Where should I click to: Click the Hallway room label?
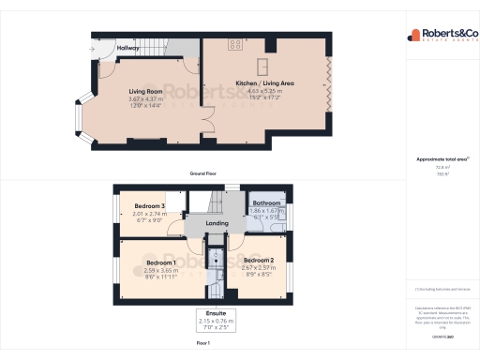(127, 48)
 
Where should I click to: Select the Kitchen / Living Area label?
(266, 84)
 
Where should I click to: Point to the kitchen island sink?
(265, 64)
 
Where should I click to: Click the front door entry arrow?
(93, 49)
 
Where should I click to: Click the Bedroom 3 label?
(150, 206)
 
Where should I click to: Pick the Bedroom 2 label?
(258, 260)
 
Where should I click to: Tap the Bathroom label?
(267, 202)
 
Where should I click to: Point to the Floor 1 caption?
(203, 344)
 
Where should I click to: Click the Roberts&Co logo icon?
(413, 36)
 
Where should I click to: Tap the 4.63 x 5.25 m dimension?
(266, 91)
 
